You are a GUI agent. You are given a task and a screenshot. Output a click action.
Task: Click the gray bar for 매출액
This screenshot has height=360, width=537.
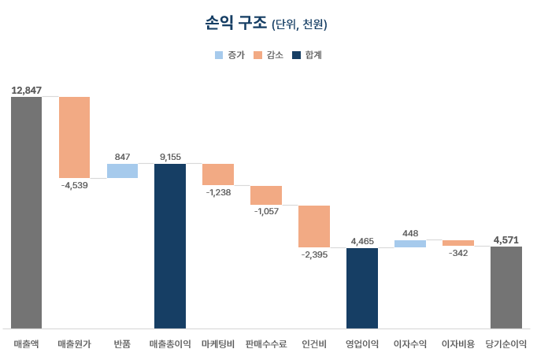point(26,212)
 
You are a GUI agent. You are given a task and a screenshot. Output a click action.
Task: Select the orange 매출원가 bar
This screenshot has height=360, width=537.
point(74,137)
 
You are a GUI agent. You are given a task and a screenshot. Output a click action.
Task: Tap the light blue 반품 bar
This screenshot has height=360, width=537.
point(122,171)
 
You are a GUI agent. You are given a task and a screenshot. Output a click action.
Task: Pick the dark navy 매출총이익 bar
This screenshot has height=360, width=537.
point(170,246)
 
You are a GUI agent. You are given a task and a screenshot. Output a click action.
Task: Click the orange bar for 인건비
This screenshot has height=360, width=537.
point(314,226)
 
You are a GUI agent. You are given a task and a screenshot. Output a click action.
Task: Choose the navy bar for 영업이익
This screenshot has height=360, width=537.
point(362,288)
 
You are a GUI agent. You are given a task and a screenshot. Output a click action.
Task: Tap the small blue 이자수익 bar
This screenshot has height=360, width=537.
point(410,244)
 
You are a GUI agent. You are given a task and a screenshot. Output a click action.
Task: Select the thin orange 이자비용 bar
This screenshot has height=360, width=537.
point(458,243)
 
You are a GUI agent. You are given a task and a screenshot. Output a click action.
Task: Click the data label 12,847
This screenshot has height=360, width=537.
point(26,90)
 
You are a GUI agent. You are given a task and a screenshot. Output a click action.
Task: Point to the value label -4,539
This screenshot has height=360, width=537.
point(74,185)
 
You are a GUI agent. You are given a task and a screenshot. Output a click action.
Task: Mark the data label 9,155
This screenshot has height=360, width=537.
point(170,157)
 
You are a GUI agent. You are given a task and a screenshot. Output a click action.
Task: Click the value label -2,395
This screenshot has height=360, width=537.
point(314,254)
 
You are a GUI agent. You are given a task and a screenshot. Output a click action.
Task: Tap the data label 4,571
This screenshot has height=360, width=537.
point(506,239)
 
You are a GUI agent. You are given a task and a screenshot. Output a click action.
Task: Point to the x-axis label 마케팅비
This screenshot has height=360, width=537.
point(218,344)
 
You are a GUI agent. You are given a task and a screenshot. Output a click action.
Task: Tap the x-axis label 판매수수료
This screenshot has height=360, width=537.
point(266,344)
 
